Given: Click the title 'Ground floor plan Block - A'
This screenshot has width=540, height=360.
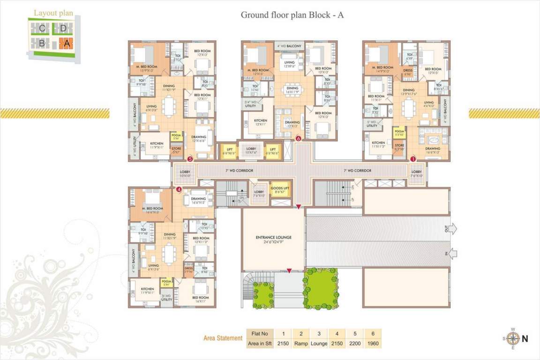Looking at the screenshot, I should (x=292, y=15).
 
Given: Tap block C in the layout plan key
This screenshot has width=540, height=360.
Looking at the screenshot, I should (x=42, y=29).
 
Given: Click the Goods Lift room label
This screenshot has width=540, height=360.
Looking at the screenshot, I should (x=280, y=189).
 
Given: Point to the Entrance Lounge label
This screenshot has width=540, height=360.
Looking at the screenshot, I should (x=274, y=240).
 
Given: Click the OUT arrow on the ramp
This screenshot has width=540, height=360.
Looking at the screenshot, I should (x=452, y=229).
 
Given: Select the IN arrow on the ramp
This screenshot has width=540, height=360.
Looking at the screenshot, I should (x=452, y=254).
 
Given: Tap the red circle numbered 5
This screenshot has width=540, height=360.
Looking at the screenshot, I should (x=190, y=158).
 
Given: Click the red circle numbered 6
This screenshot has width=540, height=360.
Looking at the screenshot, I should (x=298, y=138).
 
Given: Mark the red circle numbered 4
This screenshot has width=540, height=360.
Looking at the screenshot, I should (x=179, y=189).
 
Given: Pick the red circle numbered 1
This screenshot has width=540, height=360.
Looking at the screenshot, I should (x=413, y=158).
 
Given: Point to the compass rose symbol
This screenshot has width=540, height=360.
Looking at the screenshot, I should (x=513, y=338).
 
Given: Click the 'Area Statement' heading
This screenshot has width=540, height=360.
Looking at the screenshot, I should (x=223, y=338).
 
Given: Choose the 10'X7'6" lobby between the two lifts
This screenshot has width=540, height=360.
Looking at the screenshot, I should (x=251, y=150).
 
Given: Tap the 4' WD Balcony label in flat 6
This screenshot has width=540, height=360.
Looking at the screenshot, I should (x=289, y=46).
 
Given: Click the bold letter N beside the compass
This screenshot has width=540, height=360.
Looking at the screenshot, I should (x=525, y=339).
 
